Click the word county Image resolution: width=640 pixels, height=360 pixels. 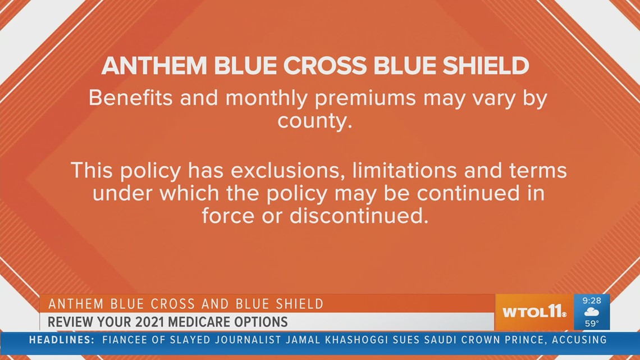click(314, 120)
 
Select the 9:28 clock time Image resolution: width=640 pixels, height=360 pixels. click(592, 300)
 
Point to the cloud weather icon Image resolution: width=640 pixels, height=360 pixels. click(591, 312)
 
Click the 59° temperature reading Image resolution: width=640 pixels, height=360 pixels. click(592, 323)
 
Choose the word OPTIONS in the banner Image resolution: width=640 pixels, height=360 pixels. click(265, 322)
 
